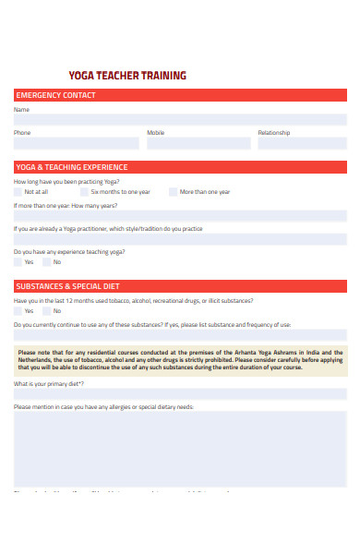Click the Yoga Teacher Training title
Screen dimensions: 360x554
(127, 76)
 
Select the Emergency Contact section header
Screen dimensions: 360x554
(180, 95)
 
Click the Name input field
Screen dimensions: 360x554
(180, 120)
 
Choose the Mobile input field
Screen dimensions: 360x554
(198, 143)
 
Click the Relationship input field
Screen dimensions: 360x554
(302, 143)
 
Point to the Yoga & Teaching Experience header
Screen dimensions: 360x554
(180, 167)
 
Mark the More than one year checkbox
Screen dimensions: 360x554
(173, 192)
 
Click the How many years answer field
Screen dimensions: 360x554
(180, 216)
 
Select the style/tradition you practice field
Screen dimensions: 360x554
(180, 239)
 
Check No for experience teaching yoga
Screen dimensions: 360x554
(47, 262)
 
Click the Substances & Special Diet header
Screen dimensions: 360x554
(180, 286)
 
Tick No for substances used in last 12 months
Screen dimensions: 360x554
(47, 311)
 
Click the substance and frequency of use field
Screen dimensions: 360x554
(180, 335)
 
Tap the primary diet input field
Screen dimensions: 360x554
(180, 393)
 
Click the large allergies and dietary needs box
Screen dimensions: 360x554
(180, 448)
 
